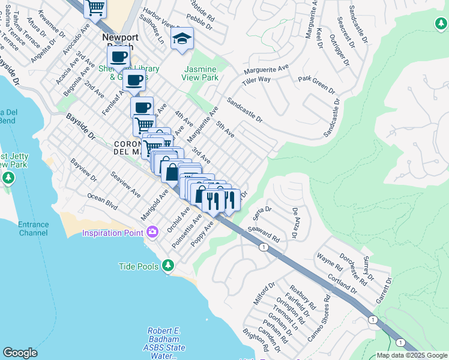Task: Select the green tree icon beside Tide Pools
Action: (168, 265)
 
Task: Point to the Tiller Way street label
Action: (256, 80)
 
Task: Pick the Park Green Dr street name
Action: (317, 84)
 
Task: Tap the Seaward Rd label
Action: (265, 233)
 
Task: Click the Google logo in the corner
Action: (20, 353)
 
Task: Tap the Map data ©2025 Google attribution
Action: (412, 355)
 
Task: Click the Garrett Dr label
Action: (382, 289)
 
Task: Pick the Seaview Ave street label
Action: (125, 185)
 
